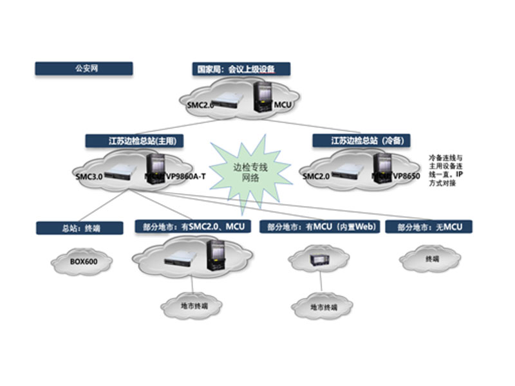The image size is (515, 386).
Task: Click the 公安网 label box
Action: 84,68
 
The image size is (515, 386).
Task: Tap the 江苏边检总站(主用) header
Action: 133,140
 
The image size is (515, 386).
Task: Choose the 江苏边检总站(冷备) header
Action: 361,140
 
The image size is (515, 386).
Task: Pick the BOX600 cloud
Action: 82,262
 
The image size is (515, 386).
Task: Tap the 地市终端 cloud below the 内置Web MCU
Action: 323,308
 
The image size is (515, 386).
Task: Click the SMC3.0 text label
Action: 88,176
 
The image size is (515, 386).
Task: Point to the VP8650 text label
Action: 407,175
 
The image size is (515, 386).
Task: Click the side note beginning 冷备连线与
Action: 445,170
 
